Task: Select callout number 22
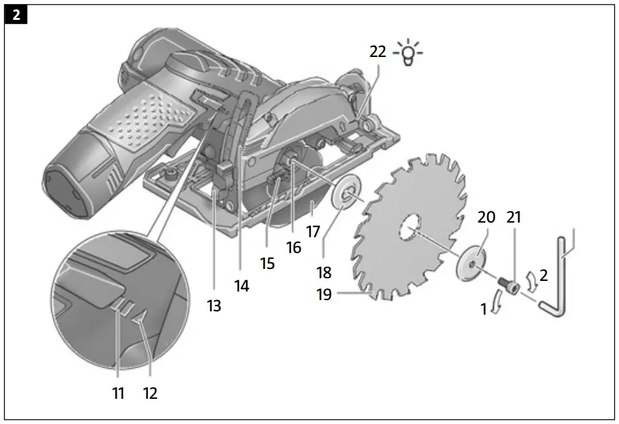[378, 52]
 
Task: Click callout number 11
[118, 393]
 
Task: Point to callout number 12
[150, 393]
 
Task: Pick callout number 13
[214, 306]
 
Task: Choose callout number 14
[241, 286]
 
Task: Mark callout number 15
[267, 263]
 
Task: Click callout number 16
[293, 248]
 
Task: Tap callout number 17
[313, 232]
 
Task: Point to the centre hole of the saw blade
[409, 229]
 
